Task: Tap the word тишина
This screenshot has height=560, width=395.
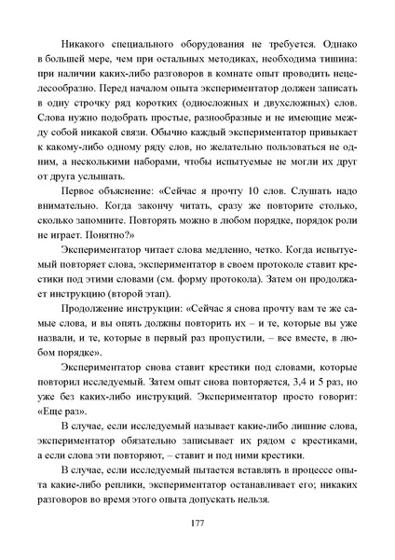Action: [336, 61]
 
